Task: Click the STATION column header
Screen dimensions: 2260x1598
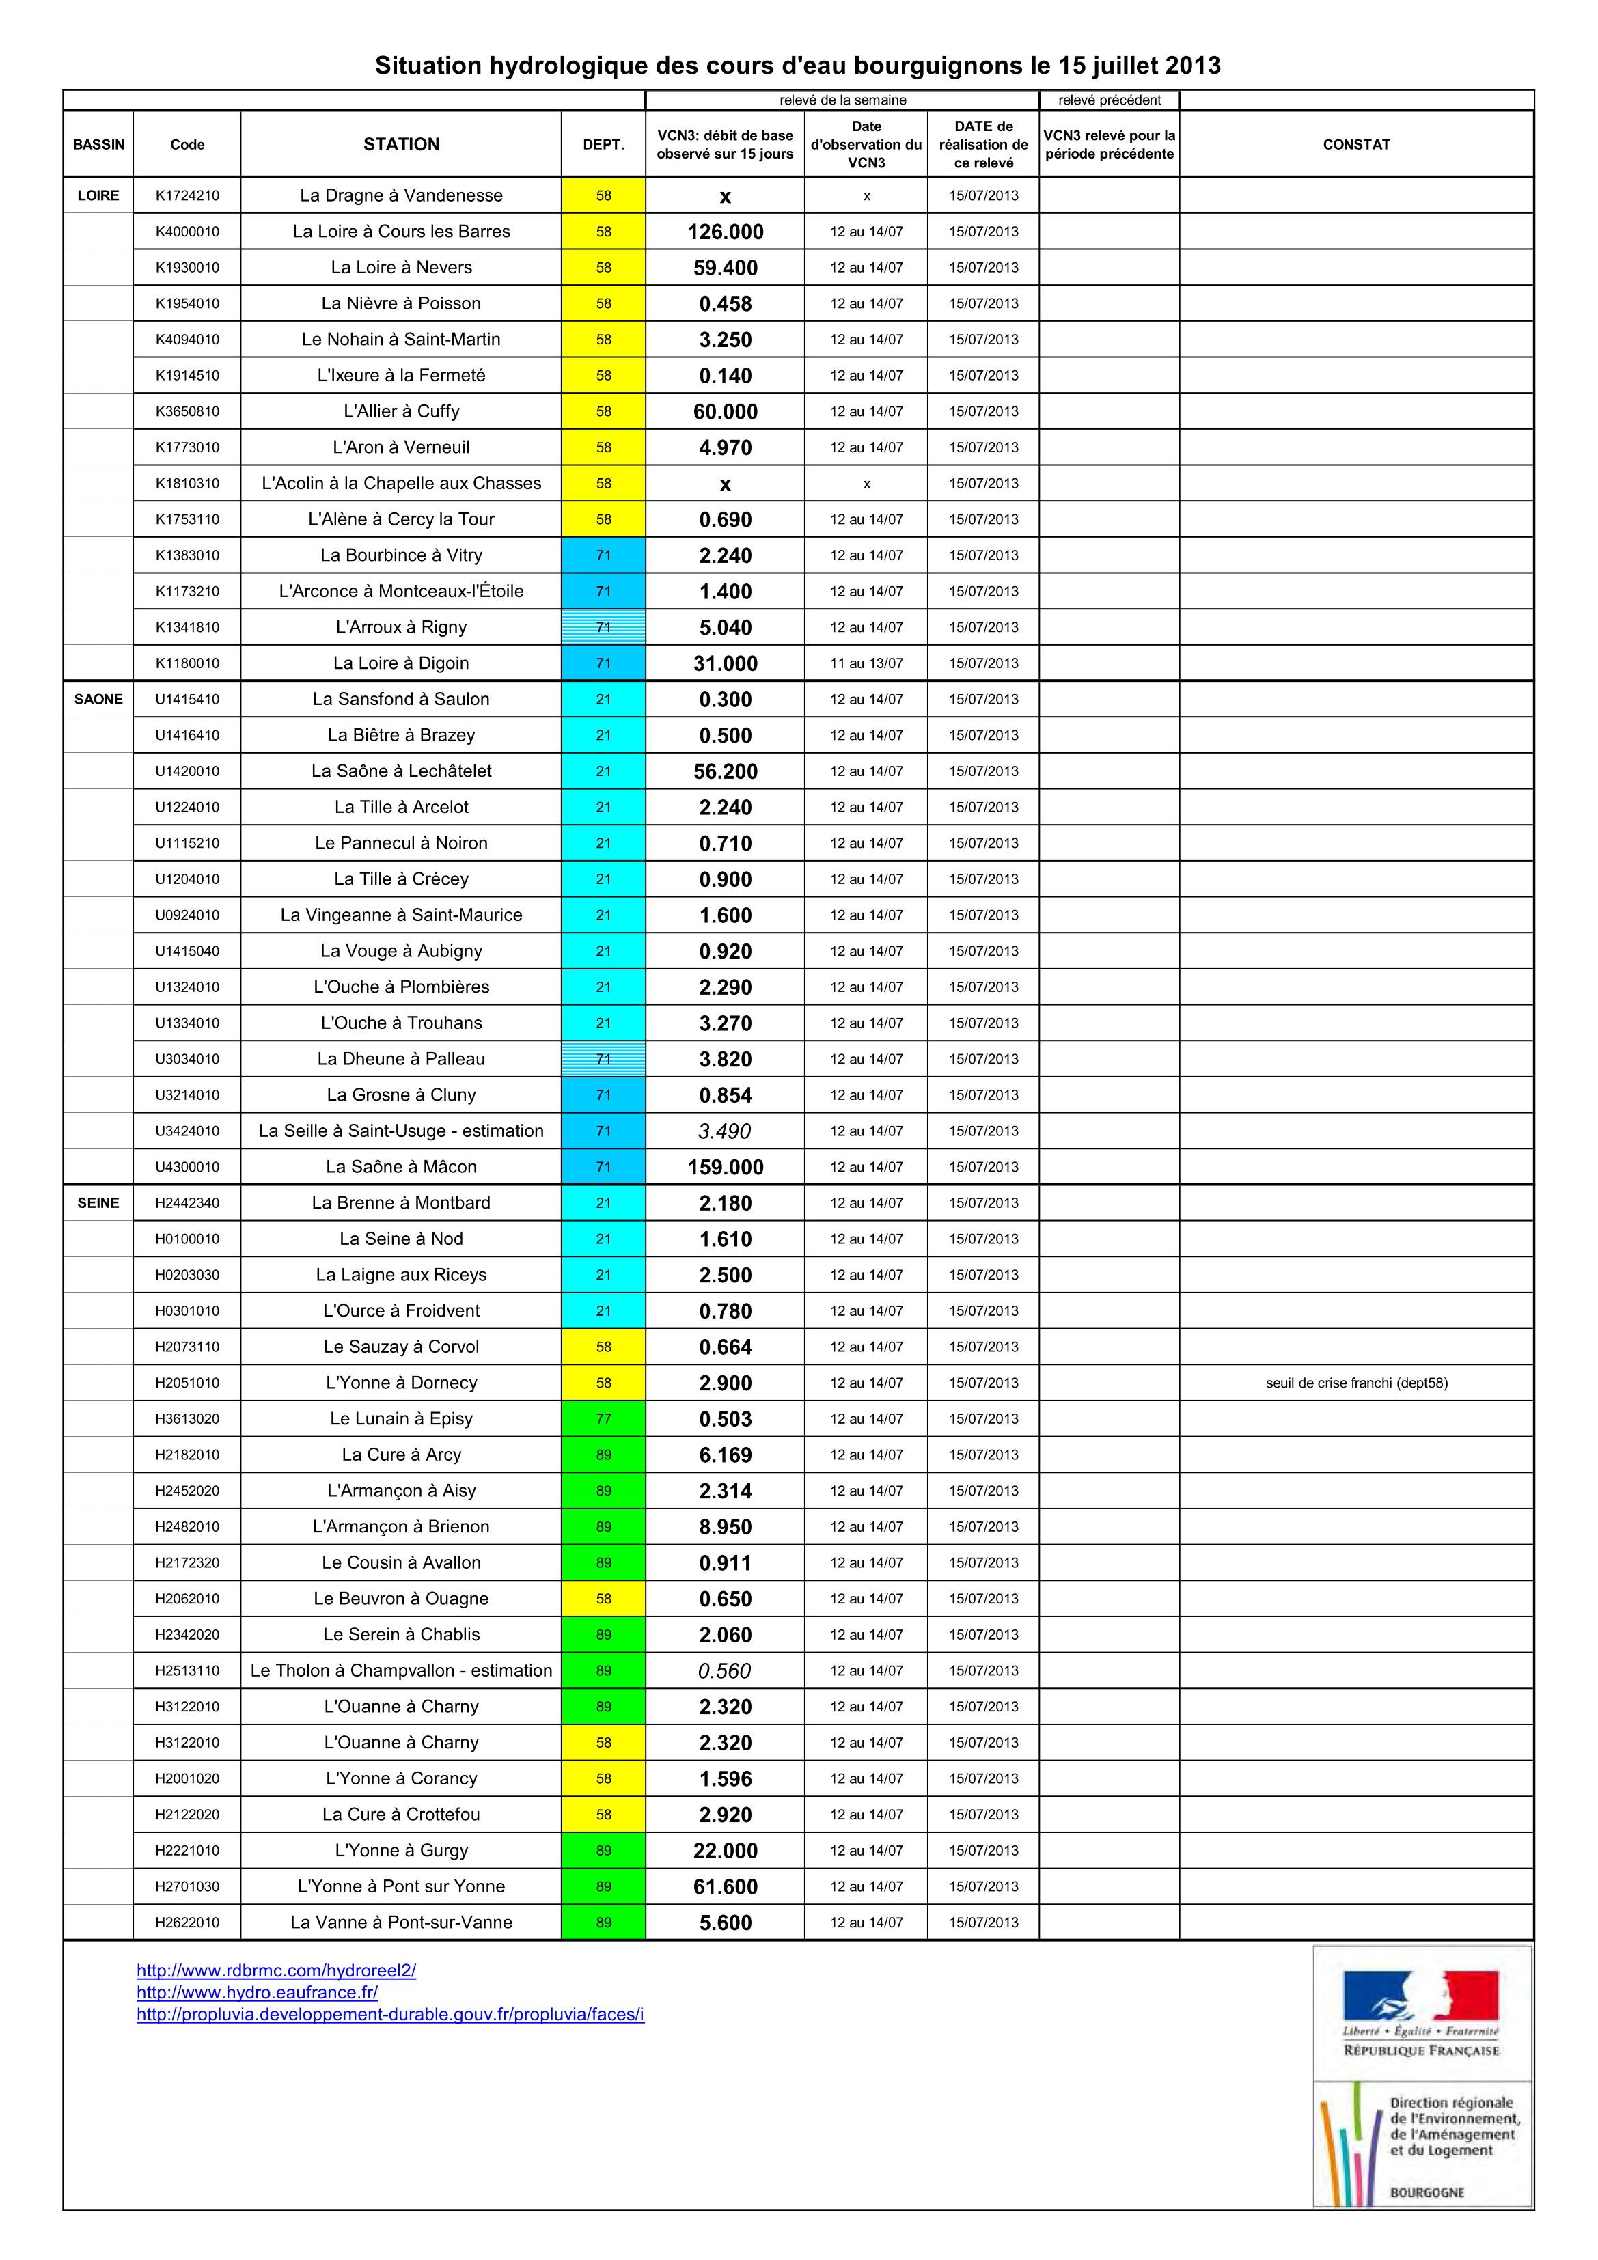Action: tap(401, 145)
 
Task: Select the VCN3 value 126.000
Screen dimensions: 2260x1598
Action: tap(726, 232)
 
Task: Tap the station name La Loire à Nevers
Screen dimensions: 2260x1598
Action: tap(401, 268)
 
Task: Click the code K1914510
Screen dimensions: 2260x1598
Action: tap(187, 376)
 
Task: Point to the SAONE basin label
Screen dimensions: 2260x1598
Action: tap(98, 700)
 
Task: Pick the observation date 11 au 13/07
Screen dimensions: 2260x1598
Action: tap(866, 663)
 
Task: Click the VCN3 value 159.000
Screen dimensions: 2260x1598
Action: tap(726, 1168)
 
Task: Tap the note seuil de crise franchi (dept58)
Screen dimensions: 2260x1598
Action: tap(1355, 1383)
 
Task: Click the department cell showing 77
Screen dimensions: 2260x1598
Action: tap(603, 1420)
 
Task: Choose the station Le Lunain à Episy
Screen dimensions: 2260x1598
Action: tap(401, 1420)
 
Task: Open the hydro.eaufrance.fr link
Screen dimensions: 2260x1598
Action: tap(257, 1992)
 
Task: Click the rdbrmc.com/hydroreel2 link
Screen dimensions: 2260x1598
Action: tap(276, 1970)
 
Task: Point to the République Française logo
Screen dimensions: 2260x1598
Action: tap(1421, 2012)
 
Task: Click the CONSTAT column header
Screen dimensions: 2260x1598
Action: tap(1355, 145)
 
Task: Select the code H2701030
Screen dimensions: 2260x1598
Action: tap(187, 1887)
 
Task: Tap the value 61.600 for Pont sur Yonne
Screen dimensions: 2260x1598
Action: tap(726, 1887)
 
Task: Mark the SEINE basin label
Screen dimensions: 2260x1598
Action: tap(98, 1203)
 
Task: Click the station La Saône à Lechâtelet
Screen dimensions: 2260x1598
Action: tap(401, 772)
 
